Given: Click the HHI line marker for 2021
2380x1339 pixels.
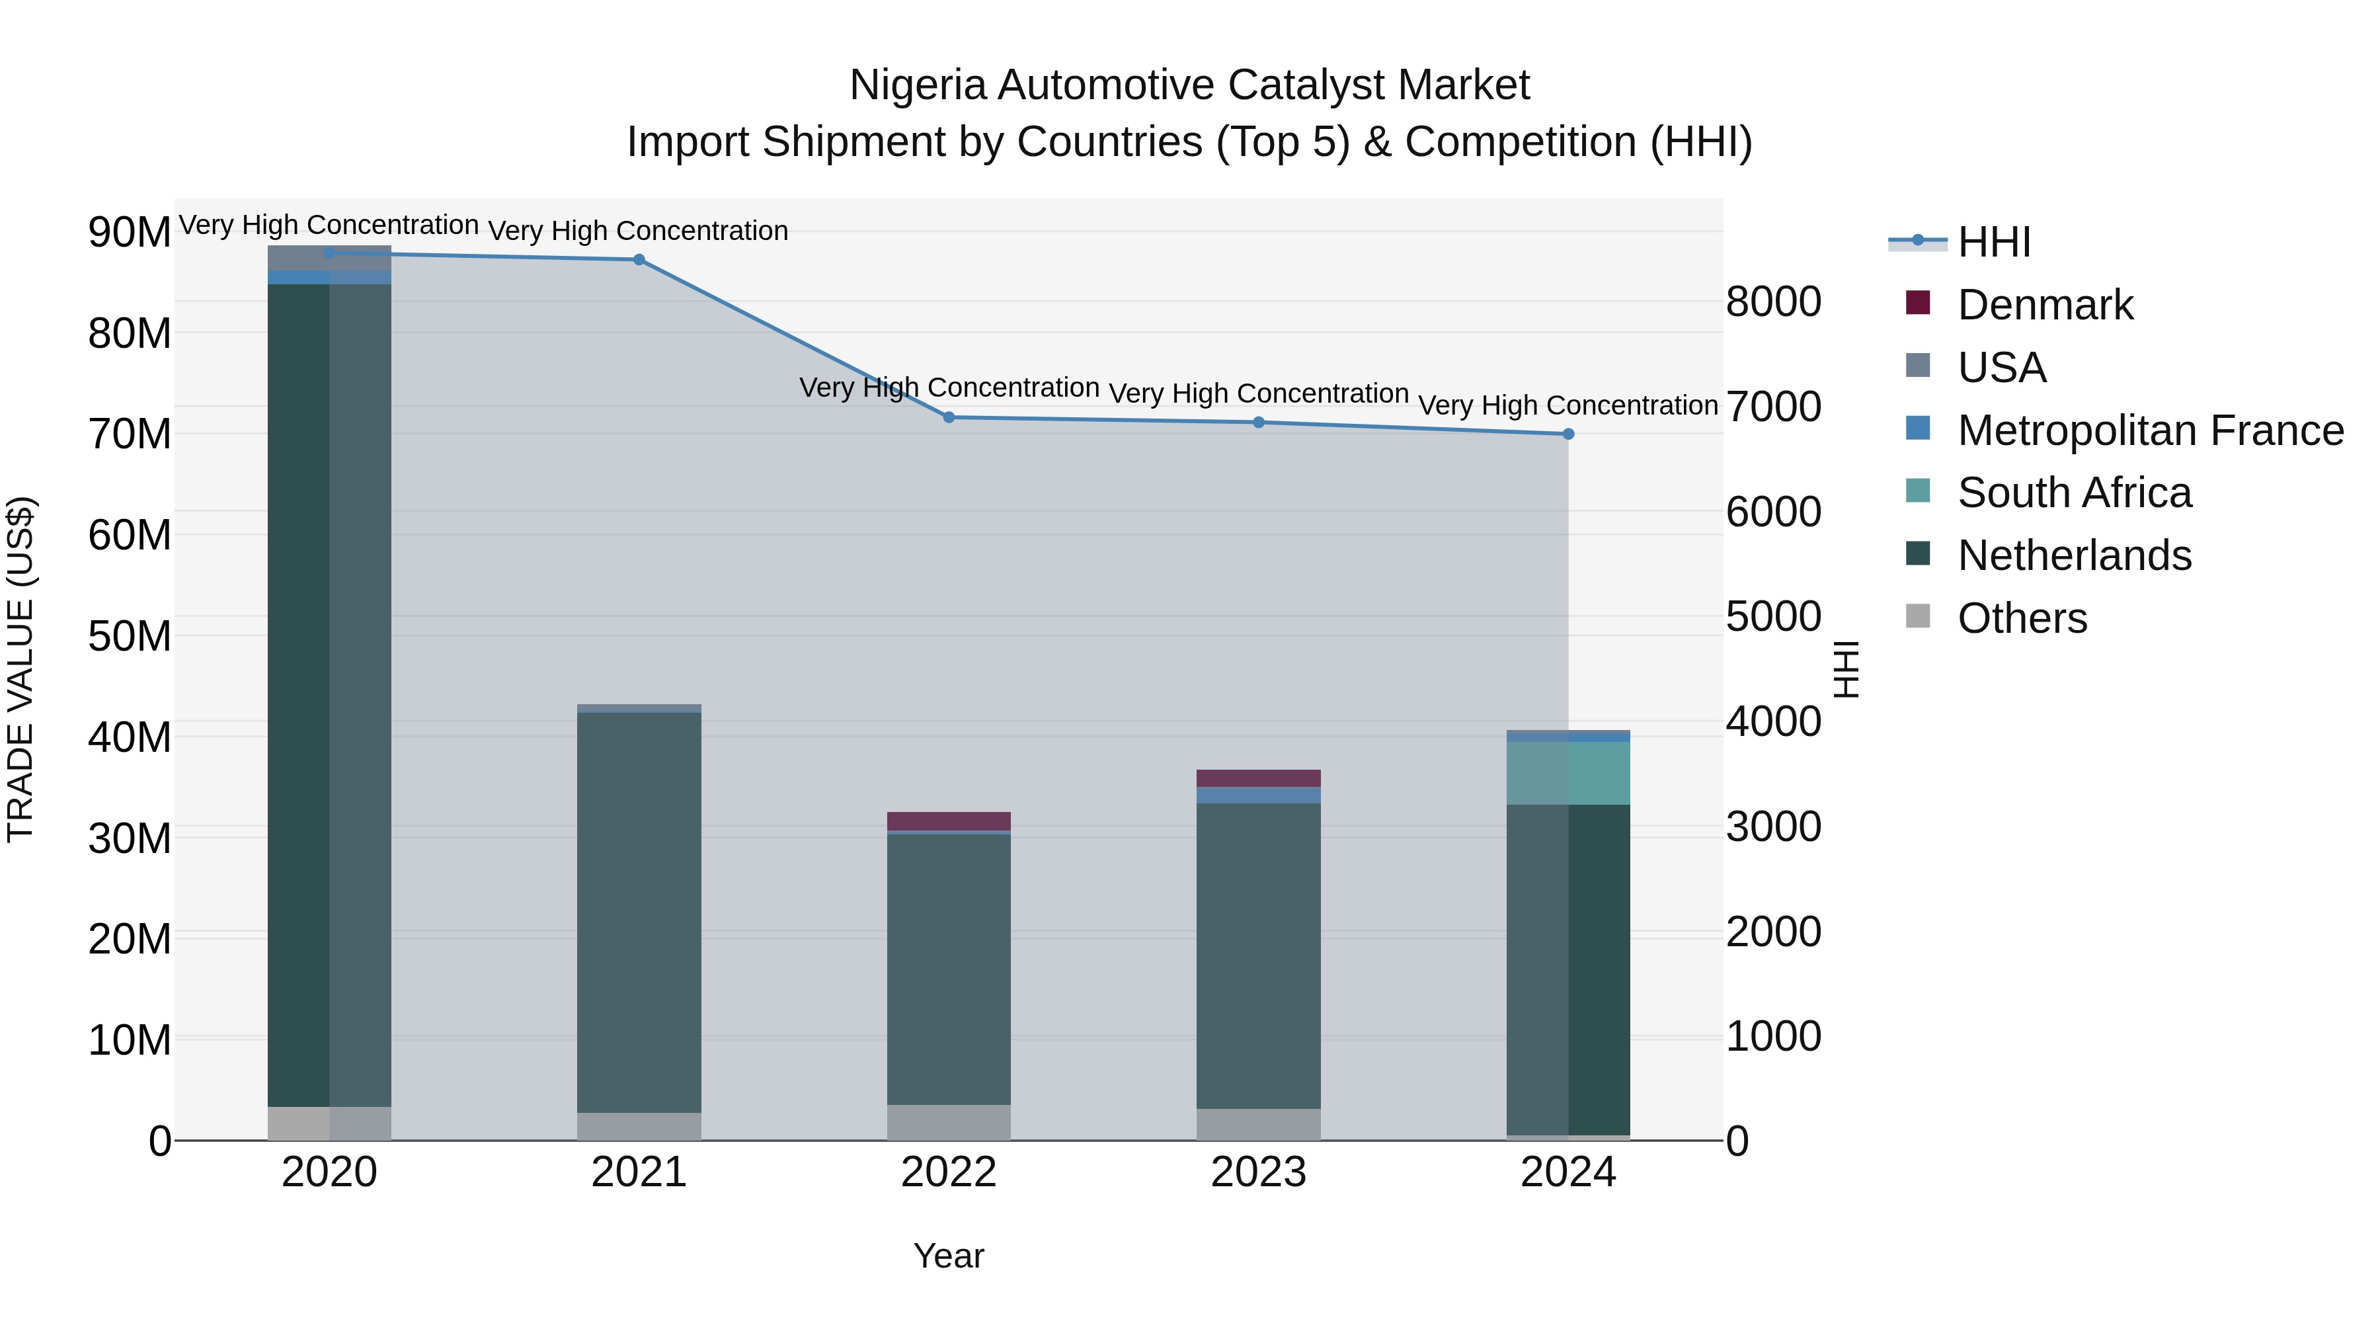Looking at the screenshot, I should pyautogui.click(x=639, y=260).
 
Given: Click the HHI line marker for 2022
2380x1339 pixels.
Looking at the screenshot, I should pyautogui.click(x=949, y=418).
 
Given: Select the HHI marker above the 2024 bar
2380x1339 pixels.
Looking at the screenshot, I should pyautogui.click(x=1568, y=434).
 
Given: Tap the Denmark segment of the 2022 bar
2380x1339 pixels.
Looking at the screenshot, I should pyautogui.click(x=949, y=821).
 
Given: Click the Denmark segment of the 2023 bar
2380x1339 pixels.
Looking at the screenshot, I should pyautogui.click(x=1258, y=778).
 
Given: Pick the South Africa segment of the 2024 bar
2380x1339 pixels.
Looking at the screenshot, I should pyautogui.click(x=1568, y=772).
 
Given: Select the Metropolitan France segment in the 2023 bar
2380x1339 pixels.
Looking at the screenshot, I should pyautogui.click(x=1258, y=795).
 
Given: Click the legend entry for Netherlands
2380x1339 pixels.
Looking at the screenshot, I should pyautogui.click(x=2073, y=555).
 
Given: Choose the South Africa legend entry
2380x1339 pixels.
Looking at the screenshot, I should pyautogui.click(x=2073, y=493).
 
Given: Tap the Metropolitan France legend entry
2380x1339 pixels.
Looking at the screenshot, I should pyautogui.click(x=2149, y=430).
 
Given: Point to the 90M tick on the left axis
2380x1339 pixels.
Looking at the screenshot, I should pyautogui.click(x=130, y=232).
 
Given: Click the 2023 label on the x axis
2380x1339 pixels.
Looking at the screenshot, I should pyautogui.click(x=1258, y=1172).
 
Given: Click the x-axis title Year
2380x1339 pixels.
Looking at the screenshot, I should pyautogui.click(x=949, y=1256).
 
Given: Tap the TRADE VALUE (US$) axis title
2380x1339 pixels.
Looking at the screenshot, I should pyautogui.click(x=20, y=669).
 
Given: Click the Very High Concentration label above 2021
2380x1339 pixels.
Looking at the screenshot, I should pyautogui.click(x=639, y=231).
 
